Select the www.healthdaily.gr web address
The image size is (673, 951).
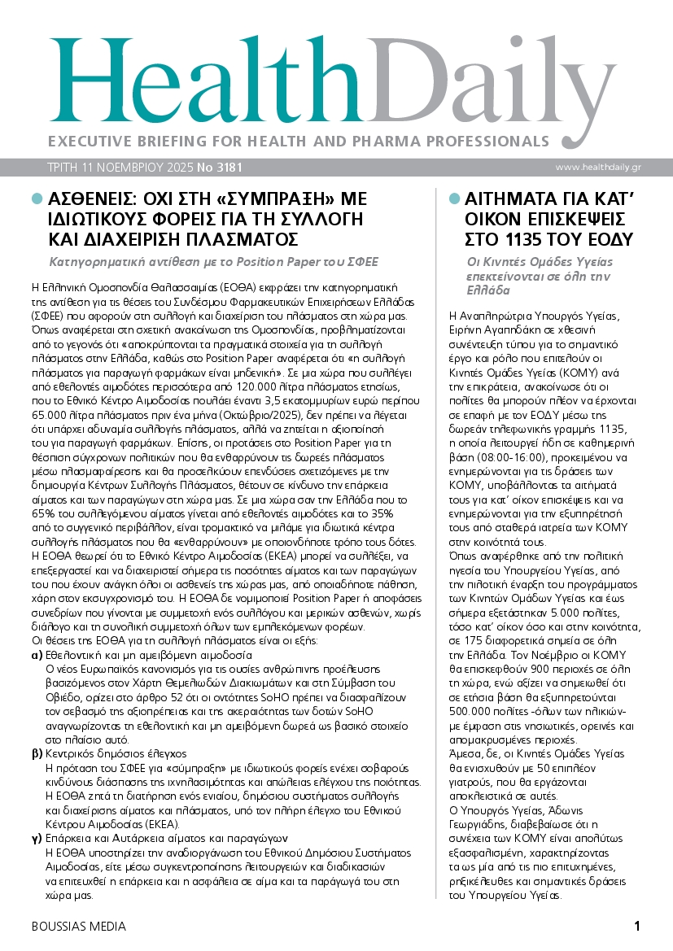(610, 168)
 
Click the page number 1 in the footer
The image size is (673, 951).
(637, 927)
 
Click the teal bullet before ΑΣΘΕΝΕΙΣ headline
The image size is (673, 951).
(36, 198)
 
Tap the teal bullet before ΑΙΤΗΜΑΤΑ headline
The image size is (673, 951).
(454, 198)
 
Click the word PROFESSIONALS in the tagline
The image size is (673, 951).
(457, 140)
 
